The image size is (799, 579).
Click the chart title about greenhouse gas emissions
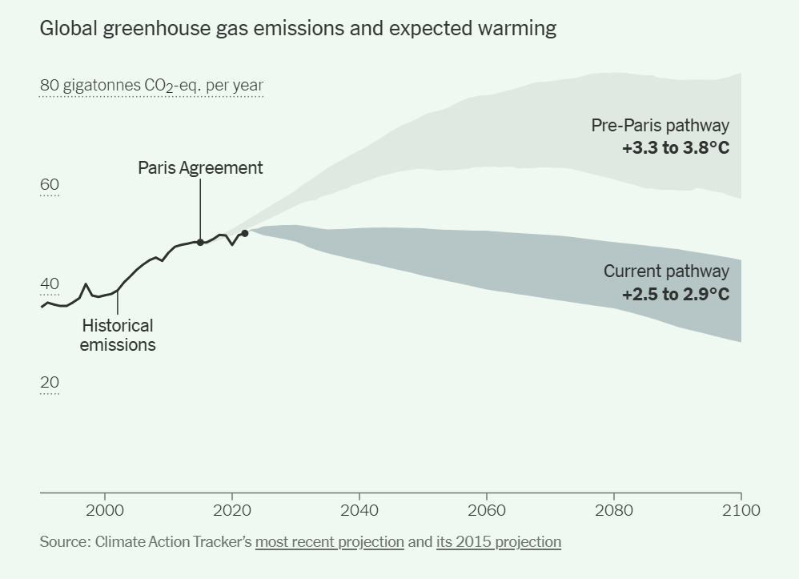298,29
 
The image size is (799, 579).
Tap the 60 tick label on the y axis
50,186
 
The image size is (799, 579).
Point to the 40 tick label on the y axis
50,284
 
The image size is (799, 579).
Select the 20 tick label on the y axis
50,383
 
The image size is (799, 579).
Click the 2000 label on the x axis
104,510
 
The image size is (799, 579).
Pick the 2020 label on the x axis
231,510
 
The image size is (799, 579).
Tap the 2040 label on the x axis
359,510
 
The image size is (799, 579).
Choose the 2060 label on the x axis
486,510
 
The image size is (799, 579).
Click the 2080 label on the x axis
614,510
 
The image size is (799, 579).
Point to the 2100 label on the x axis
741,510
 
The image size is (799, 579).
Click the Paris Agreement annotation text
200,168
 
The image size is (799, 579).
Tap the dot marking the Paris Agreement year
200,242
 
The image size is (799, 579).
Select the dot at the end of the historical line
245,233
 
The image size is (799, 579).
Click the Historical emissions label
118,336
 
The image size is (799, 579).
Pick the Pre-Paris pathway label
660,126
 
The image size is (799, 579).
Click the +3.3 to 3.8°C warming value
676,148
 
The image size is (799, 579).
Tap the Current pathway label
666,271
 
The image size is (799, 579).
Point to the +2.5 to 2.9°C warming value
676,294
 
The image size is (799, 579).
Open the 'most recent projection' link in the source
329,542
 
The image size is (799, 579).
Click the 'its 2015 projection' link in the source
499,542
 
